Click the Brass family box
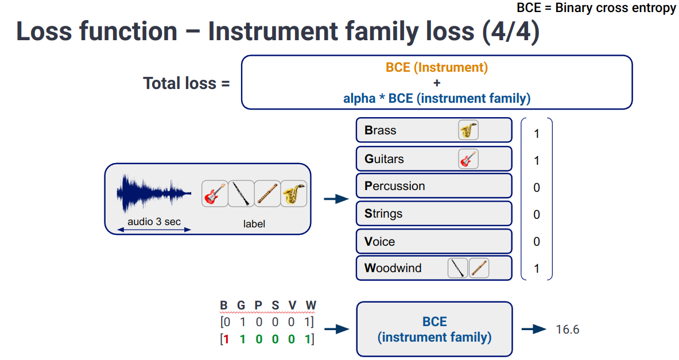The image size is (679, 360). (433, 130)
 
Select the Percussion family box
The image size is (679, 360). (433, 186)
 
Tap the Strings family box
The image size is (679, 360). (433, 214)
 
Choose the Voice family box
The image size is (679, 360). (433, 241)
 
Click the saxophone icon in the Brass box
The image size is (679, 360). (468, 130)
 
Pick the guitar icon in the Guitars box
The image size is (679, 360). (468, 158)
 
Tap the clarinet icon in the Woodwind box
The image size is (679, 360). (457, 268)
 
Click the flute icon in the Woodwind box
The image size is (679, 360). (479, 268)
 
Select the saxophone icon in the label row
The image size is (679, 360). (294, 194)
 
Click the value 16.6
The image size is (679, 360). (568, 330)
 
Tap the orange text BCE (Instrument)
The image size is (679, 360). (437, 67)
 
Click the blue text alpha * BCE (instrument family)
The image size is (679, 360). (437, 98)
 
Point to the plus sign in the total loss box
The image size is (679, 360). (437, 83)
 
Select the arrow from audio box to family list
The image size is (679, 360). (336, 199)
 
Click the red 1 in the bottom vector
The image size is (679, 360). (227, 339)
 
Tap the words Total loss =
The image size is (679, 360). (187, 83)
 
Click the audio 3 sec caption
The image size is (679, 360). (154, 221)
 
